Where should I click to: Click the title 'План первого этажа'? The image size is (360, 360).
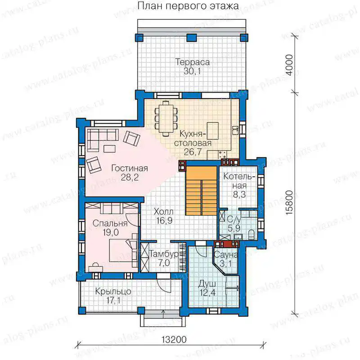click(x=188, y=6)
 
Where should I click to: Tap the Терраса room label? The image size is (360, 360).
click(x=193, y=62)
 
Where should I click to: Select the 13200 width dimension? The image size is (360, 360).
click(x=174, y=339)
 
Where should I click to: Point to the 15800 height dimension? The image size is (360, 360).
click(x=290, y=202)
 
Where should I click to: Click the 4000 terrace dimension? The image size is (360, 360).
click(x=290, y=65)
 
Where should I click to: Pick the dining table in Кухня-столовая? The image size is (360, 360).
click(x=166, y=119)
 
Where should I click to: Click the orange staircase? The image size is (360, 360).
click(x=201, y=190)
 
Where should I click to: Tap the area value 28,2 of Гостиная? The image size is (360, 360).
click(x=130, y=177)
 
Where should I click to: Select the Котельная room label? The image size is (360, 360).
click(x=239, y=181)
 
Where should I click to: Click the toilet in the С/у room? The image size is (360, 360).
click(x=252, y=234)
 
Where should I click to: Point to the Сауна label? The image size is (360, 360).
click(x=225, y=255)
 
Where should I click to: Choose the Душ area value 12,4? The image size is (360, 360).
click(x=207, y=293)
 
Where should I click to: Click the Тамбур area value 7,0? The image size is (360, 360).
click(x=164, y=263)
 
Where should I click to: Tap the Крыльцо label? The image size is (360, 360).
click(x=113, y=292)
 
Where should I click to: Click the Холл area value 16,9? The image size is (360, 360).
click(x=164, y=220)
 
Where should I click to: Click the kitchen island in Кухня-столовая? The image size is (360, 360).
click(x=212, y=131)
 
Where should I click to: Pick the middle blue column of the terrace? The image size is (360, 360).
click(x=192, y=38)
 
